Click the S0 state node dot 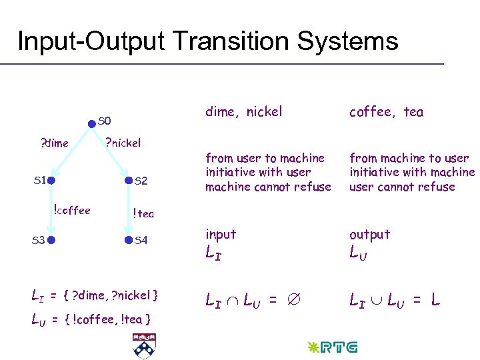(x=92, y=123)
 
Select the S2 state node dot (x=129, y=181)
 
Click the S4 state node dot (x=129, y=239)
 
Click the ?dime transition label (x=55, y=142)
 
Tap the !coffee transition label (x=71, y=211)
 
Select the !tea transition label (x=143, y=213)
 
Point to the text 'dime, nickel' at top (x=243, y=112)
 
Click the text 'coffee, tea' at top (x=386, y=112)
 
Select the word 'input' (x=221, y=234)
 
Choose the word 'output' (x=369, y=234)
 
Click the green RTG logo (x=331, y=347)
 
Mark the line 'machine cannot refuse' (x=268, y=187)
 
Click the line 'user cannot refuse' (x=402, y=187)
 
